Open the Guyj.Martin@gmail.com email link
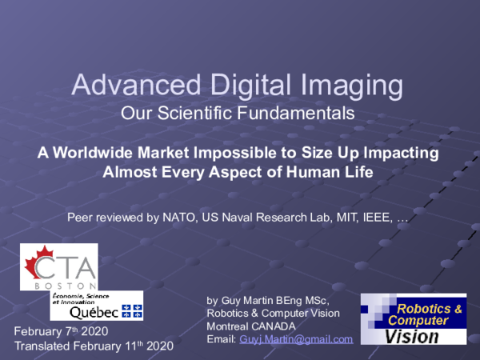point(296,339)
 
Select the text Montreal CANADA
point(251,326)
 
